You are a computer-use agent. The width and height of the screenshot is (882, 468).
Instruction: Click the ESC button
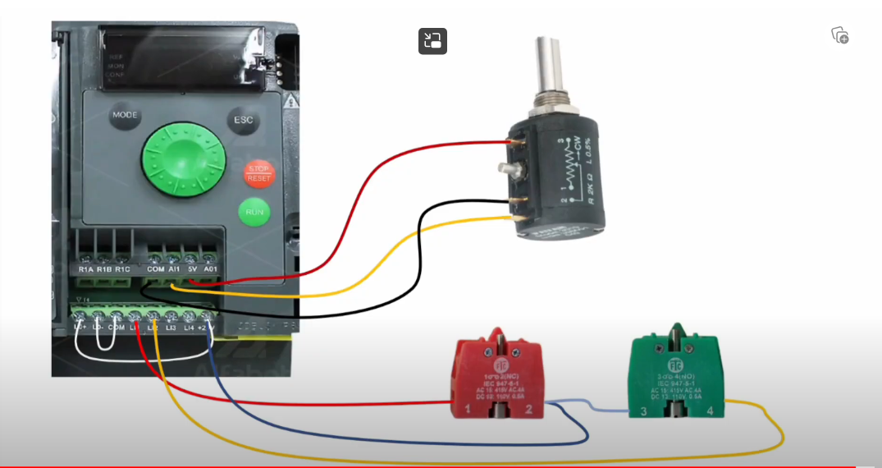(x=244, y=121)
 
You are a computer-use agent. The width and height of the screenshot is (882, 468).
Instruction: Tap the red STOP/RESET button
(x=259, y=172)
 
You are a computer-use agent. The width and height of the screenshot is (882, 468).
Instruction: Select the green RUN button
(x=254, y=212)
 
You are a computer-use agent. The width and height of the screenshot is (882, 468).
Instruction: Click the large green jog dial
(x=184, y=161)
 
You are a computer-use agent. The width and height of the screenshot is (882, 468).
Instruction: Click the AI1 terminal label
(x=174, y=269)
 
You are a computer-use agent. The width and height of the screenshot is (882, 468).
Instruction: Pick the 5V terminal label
(x=192, y=269)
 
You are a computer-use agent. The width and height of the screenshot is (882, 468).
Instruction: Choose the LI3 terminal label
(x=171, y=328)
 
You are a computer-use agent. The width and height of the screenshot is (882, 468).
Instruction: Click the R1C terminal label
(x=122, y=269)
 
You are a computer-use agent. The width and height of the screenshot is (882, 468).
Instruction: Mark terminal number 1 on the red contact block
(x=467, y=408)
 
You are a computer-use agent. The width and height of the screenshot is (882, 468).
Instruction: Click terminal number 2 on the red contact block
(x=529, y=408)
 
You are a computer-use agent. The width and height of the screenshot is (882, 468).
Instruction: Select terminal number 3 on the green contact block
(x=643, y=409)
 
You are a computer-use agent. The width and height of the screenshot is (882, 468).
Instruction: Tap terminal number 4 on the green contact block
(x=710, y=409)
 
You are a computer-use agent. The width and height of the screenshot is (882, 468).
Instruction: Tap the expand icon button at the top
(x=432, y=41)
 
